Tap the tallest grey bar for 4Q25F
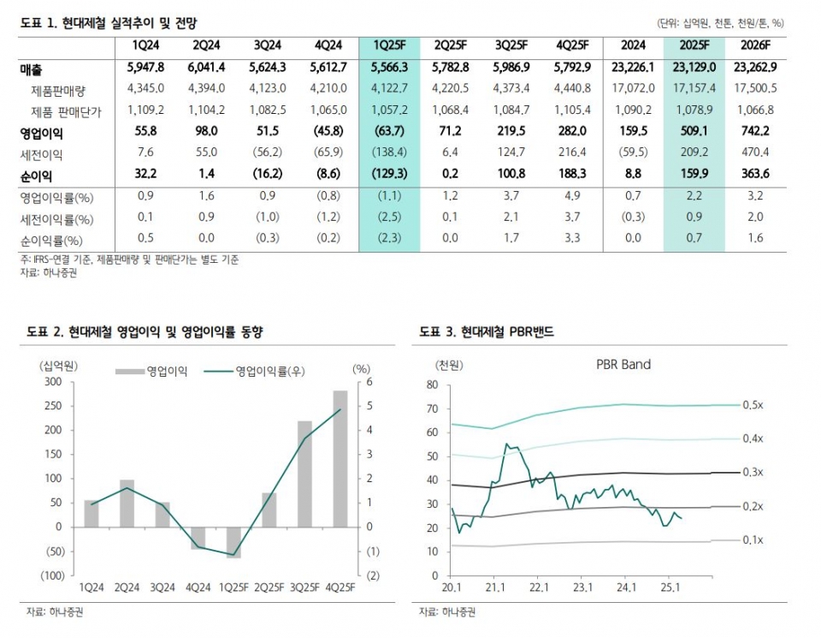(340, 458)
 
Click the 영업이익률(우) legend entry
(261, 371)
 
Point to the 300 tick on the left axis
(53, 382)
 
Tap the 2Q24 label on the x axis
(126, 587)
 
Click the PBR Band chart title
(623, 364)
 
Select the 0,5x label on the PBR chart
(753, 404)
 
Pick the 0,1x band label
(753, 540)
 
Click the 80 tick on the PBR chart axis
(431, 385)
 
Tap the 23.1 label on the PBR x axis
(583, 587)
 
